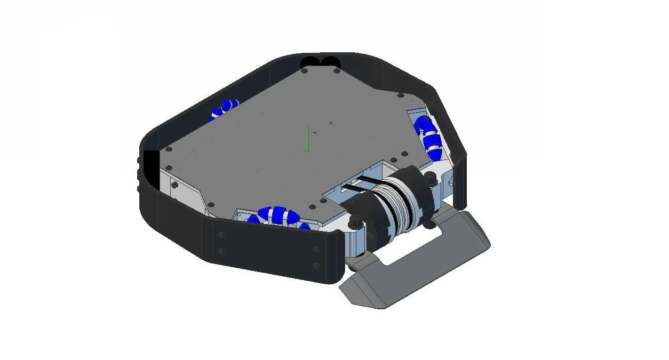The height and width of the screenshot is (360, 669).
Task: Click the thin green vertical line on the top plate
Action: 308,138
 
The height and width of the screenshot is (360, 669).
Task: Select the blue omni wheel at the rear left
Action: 224,109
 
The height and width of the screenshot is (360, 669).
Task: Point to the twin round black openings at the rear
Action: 320,62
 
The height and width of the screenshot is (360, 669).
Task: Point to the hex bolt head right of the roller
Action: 430,180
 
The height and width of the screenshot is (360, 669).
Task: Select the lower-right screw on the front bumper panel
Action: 316,265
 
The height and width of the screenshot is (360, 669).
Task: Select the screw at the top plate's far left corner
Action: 169,150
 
